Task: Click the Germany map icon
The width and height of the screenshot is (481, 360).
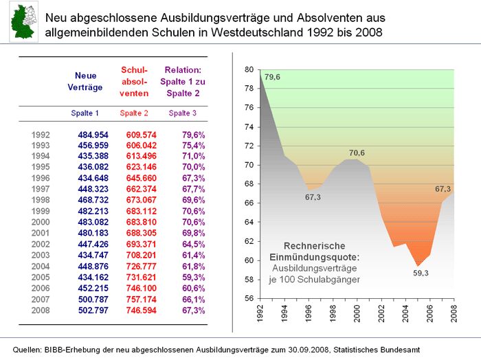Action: (23, 21)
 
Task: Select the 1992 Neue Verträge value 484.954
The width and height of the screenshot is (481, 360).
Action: (93, 135)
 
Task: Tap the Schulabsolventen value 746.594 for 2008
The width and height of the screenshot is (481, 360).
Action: (141, 311)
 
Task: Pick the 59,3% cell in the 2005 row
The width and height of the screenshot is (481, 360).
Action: (194, 277)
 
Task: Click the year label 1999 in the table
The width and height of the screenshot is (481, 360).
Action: (41, 211)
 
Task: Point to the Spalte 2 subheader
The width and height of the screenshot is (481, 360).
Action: (134, 113)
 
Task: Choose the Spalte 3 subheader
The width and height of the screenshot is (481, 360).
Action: (183, 113)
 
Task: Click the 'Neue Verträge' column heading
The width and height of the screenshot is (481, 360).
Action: (85, 82)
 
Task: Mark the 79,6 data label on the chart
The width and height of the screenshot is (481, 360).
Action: (272, 77)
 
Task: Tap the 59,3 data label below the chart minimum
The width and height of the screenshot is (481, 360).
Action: (421, 273)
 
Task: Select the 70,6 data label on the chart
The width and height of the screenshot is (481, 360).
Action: (357, 153)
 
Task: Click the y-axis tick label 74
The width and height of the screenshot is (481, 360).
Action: (249, 127)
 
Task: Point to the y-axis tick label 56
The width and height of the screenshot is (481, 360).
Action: (249, 298)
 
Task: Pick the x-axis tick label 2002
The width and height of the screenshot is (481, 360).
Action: (381, 313)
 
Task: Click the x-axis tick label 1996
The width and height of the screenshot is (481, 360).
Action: (309, 313)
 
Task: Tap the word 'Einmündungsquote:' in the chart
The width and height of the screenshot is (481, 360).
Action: (315, 257)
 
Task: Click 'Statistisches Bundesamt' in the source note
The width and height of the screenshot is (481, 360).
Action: (377, 350)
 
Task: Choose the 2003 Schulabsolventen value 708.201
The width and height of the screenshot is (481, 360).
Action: (141, 255)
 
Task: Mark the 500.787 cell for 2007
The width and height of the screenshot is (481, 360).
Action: (93, 300)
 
